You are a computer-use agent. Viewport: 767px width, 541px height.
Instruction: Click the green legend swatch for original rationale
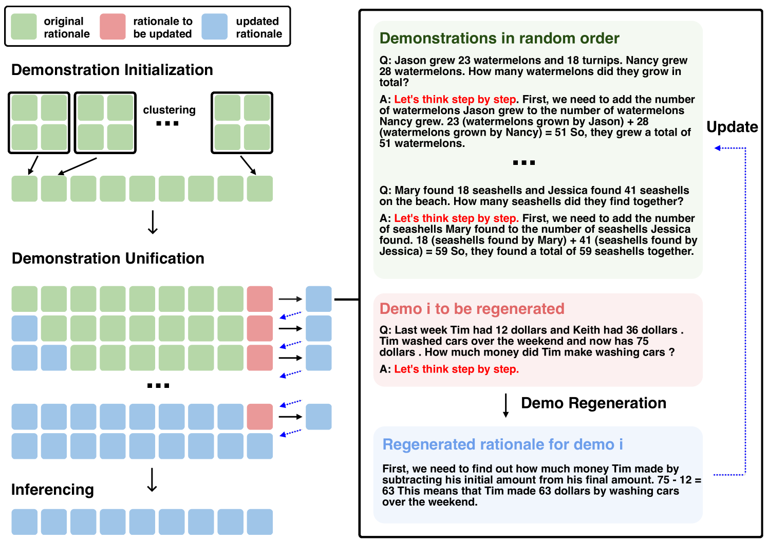coord(24,27)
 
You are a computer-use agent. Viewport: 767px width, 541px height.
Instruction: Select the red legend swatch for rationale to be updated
coord(113,27)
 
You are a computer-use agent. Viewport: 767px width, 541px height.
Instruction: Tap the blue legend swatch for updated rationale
coord(215,27)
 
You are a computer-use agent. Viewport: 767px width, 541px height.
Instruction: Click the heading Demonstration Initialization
coord(112,70)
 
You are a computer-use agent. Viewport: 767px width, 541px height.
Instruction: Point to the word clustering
coord(169,110)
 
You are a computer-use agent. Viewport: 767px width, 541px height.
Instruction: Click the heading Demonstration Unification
coord(108,258)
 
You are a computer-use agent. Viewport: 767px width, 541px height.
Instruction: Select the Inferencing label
coord(52,490)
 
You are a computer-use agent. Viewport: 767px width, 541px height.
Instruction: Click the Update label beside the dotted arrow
coord(732,127)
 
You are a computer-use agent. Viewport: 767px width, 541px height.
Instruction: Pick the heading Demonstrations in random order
coord(499,39)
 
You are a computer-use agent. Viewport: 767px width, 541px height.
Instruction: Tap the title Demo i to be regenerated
coord(472,309)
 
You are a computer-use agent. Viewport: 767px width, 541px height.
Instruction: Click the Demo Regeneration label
coord(593,403)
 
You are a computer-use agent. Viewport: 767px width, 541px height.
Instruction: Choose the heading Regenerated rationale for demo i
coord(502,444)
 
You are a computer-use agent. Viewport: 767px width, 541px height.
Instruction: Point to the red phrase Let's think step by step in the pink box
coord(456,369)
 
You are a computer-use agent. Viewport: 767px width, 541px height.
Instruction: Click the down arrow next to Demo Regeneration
coord(506,405)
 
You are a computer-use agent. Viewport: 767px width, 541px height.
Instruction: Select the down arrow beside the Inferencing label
coord(152,480)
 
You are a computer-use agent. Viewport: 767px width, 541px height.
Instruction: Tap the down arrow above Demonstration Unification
coord(153,222)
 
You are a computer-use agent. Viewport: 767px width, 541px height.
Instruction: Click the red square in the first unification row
coord(260,299)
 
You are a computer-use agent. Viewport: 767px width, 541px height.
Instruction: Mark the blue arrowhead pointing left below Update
coord(718,148)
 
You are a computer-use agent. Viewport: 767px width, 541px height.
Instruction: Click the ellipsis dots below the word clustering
coord(167,123)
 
